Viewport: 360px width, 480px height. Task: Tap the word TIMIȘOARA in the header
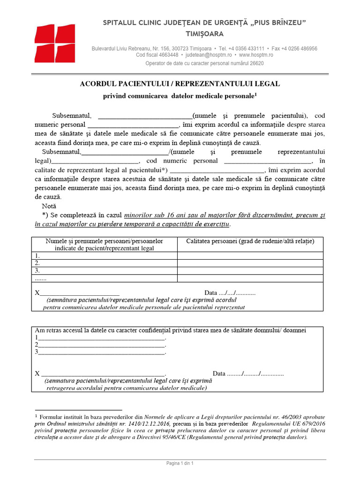point(205,34)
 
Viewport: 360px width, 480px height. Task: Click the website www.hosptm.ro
point(256,55)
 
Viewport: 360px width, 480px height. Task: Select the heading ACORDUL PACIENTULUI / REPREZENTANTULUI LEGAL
point(180,84)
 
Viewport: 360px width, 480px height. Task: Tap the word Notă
point(49,206)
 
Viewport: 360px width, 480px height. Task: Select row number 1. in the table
point(37,256)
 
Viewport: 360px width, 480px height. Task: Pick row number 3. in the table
point(37,270)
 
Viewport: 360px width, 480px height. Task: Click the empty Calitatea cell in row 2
point(250,263)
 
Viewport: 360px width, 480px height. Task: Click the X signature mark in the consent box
point(37,293)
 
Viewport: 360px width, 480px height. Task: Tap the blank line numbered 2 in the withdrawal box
point(101,345)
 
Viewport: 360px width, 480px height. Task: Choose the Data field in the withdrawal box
point(248,374)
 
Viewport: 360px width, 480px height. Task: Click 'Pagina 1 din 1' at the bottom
point(180,464)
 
